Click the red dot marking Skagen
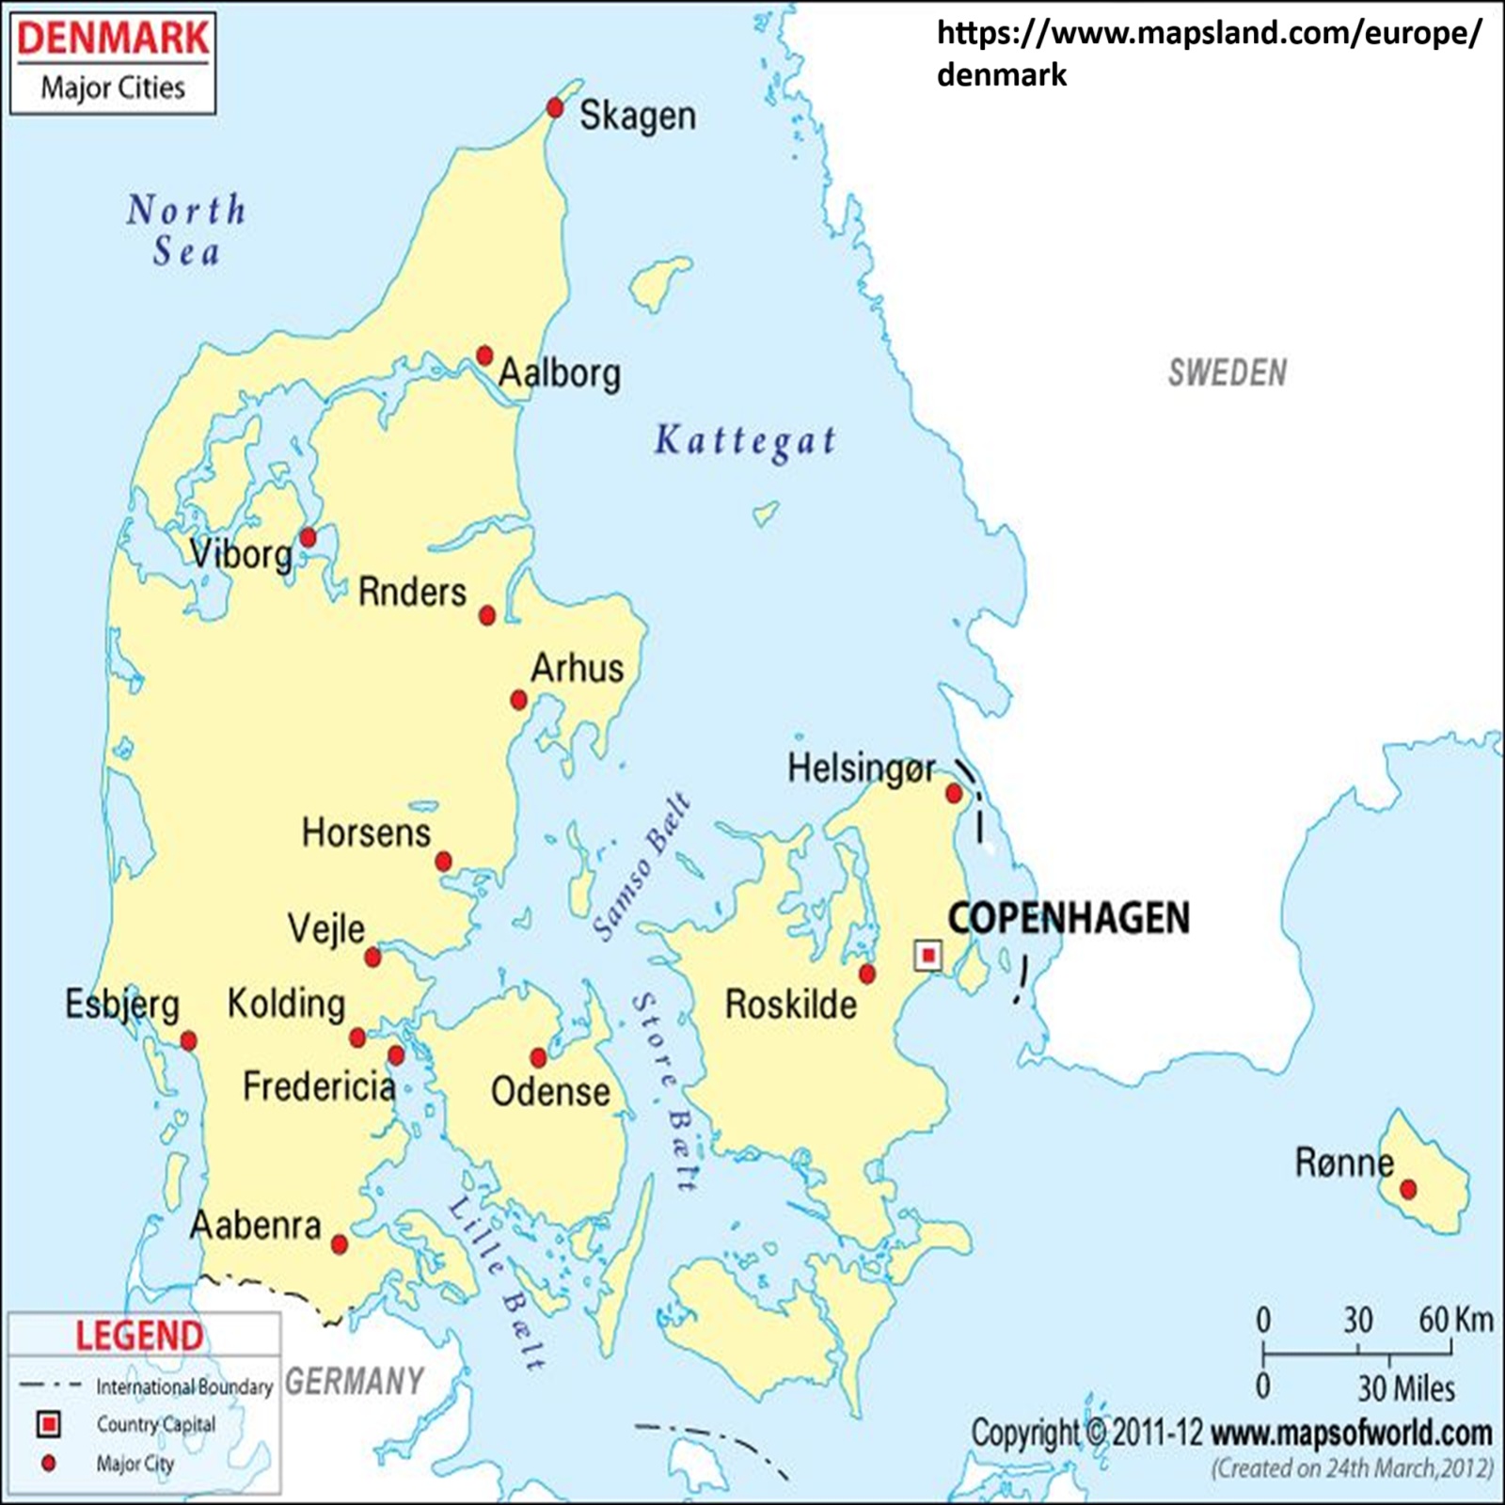click(x=555, y=108)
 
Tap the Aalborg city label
click(x=560, y=373)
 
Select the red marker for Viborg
click(x=308, y=538)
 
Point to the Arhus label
click(x=577, y=669)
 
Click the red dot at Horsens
click(x=444, y=862)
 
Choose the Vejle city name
click(x=326, y=929)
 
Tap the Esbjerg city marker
click(x=189, y=1041)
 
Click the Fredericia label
click(x=319, y=1086)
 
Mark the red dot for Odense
click(x=539, y=1058)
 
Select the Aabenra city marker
click(x=340, y=1245)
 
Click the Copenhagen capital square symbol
click(x=928, y=956)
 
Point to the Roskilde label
click(x=791, y=1005)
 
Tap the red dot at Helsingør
click(x=954, y=794)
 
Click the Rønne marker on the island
click(x=1408, y=1190)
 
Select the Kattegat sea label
click(x=745, y=441)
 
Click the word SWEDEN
click(x=1228, y=373)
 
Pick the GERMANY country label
click(x=355, y=1382)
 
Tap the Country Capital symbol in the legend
click(x=48, y=1424)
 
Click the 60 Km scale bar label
click(x=1455, y=1320)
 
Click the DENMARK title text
click(x=113, y=39)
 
